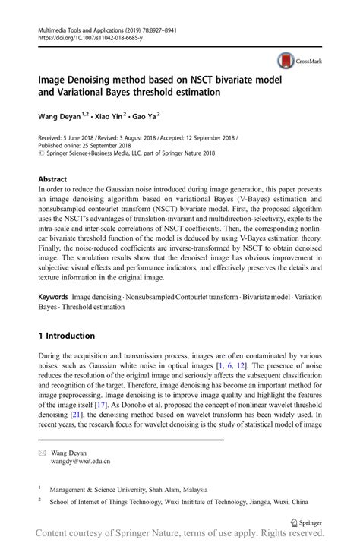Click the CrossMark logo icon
tap(286, 61)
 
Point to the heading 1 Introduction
tap(66, 336)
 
